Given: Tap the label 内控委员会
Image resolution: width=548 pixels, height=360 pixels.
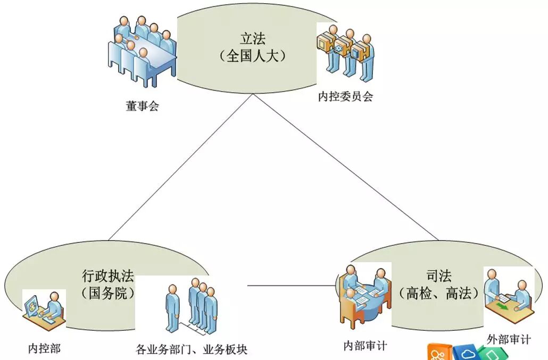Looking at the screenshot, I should pyautogui.click(x=345, y=97).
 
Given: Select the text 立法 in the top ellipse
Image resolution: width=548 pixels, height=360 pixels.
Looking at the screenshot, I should pyautogui.click(x=253, y=39).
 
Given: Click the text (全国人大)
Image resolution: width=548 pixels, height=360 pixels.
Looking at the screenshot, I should pyautogui.click(x=253, y=56).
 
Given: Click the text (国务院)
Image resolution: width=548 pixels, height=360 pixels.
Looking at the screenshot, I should pyautogui.click(x=108, y=293).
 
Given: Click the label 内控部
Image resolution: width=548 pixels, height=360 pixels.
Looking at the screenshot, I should pyautogui.click(x=44, y=349).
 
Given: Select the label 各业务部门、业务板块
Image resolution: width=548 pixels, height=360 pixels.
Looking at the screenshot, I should pyautogui.click(x=192, y=349).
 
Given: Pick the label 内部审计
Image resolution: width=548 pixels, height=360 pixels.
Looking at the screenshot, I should pyautogui.click(x=365, y=346).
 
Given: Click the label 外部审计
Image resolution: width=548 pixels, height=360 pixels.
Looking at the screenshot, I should pyautogui.click(x=509, y=339).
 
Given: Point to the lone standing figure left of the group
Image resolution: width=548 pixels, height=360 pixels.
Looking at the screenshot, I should pyautogui.click(x=172, y=308).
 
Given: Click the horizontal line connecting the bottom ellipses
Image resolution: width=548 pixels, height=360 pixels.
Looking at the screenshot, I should pyautogui.click(x=293, y=286).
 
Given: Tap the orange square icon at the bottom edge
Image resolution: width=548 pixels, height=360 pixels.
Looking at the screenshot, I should pyautogui.click(x=439, y=353).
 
